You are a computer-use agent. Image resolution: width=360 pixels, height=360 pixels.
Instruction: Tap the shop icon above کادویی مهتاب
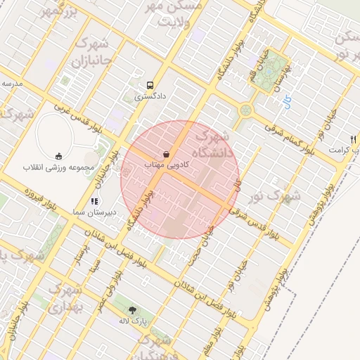(x=165, y=153)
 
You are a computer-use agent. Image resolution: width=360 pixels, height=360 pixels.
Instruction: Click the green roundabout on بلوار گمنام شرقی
(x=245, y=110)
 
